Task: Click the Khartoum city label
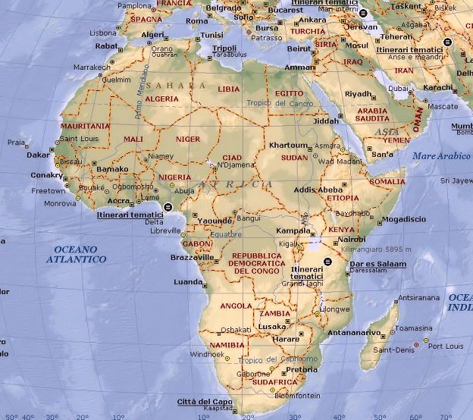288,145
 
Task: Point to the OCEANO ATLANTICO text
76,254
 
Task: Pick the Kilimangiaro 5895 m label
371,249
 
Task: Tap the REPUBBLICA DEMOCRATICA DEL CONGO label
256,263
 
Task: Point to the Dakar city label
38,155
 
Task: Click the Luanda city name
189,281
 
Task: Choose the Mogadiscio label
404,219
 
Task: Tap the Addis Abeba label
318,190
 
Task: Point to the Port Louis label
445,346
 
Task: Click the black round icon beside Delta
168,205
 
